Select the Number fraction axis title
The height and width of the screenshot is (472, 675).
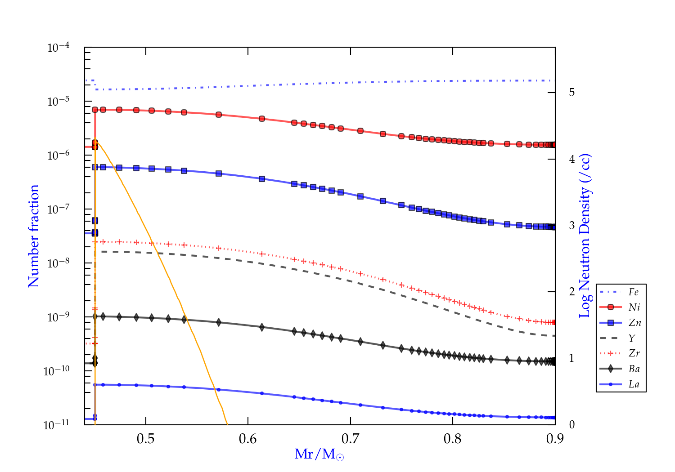(34, 236)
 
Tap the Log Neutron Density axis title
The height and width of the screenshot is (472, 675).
(585, 236)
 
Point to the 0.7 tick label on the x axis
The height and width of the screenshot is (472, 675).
(350, 439)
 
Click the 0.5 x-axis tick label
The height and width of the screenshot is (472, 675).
(145, 439)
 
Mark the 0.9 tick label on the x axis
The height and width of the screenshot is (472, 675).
(555, 439)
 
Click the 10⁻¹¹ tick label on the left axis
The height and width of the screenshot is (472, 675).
(57, 424)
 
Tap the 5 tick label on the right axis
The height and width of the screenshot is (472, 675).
(572, 92)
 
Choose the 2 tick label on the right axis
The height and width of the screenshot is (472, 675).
(572, 292)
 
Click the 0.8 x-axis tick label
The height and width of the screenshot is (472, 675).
(452, 439)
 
